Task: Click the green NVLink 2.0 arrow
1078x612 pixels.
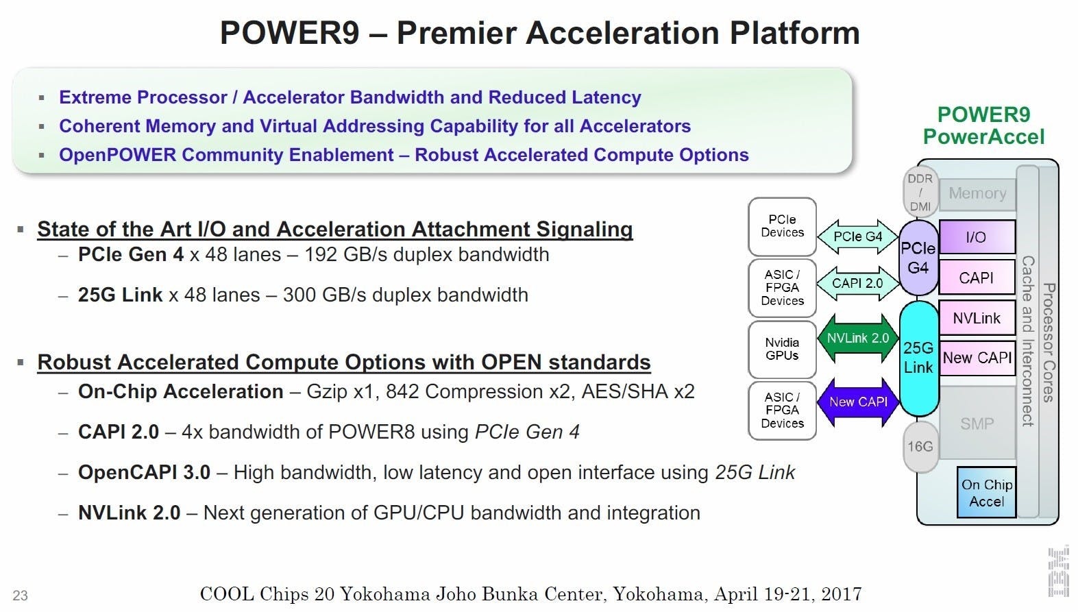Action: [x=858, y=339]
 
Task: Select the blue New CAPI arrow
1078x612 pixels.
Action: [x=858, y=402]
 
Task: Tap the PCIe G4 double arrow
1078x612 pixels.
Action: [x=858, y=236]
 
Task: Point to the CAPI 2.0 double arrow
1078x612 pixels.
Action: [x=858, y=283]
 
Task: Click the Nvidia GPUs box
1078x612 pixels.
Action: [x=782, y=350]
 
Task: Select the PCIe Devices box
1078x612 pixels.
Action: [x=782, y=226]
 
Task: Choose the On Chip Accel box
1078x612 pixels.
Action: [x=987, y=493]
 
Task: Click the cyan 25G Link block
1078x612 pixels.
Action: [x=919, y=358]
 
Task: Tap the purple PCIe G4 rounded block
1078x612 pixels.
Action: [x=918, y=258]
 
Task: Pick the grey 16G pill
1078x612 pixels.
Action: [x=920, y=447]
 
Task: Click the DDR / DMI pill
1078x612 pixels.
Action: [x=920, y=193]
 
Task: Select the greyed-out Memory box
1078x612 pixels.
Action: [x=977, y=194]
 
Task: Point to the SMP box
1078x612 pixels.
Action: [x=977, y=424]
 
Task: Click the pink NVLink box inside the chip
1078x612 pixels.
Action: [x=977, y=317]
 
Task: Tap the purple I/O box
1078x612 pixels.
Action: [x=977, y=236]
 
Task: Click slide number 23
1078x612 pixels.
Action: [x=20, y=596]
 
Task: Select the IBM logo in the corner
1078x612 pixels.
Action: [x=1059, y=572]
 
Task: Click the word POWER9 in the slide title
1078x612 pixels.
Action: [x=290, y=33]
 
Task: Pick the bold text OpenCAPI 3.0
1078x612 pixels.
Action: [x=145, y=472]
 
